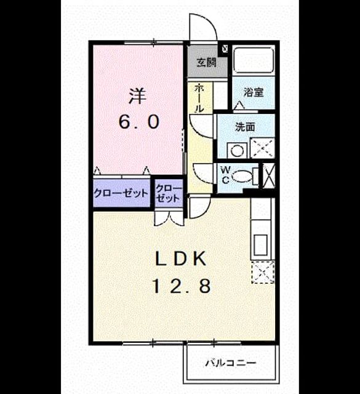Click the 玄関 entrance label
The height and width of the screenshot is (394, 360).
pos(206,63)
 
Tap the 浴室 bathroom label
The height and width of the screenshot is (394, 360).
pos(254,93)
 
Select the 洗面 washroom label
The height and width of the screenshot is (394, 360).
pos(245,127)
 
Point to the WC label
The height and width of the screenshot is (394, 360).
pos(225,175)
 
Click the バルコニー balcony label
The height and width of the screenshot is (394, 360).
pos(231,363)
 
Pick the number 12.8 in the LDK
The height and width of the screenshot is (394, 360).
pos(182,286)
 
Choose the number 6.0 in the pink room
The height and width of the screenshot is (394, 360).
pos(139,123)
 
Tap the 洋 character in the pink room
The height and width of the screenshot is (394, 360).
pos(138,96)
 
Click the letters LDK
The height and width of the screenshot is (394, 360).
pos(181,259)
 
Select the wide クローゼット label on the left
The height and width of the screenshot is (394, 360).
pos(121,193)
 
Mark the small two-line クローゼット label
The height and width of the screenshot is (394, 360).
pos(169,194)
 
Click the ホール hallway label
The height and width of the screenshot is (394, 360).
pos(199,98)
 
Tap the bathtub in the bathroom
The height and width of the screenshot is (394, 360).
pos(254,60)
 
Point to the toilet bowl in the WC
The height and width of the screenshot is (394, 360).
pos(242,175)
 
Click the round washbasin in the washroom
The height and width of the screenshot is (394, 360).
pos(237,151)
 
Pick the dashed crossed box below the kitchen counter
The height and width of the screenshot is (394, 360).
pos(263,272)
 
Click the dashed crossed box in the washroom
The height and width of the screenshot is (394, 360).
pos(263,148)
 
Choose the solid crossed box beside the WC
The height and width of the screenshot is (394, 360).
pos(269,175)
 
